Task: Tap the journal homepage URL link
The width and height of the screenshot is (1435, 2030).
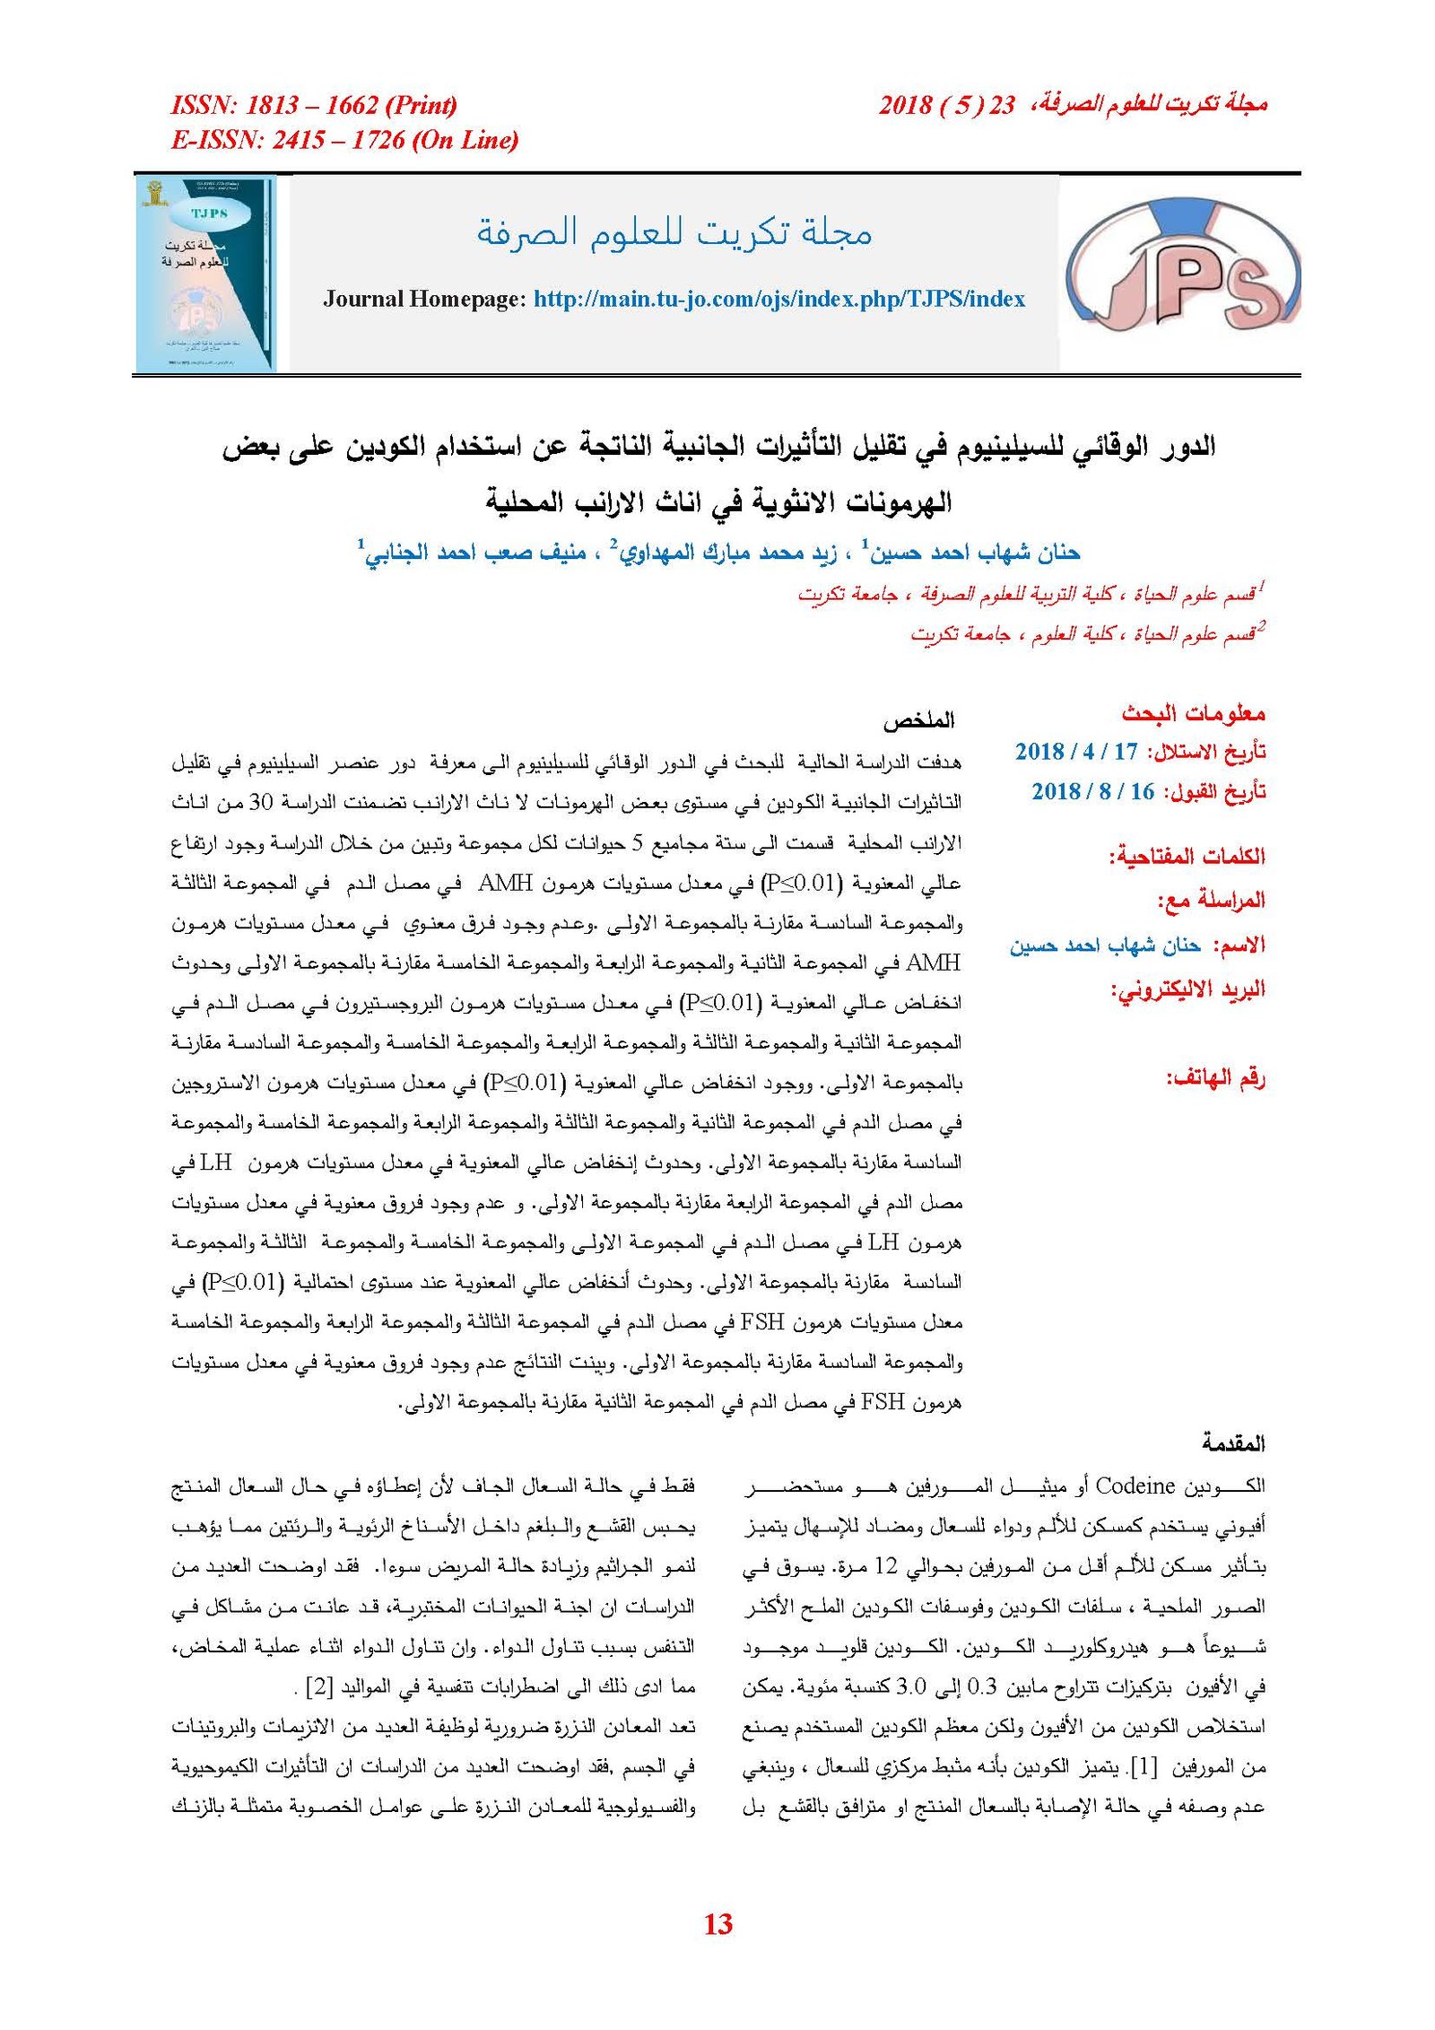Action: [778, 299]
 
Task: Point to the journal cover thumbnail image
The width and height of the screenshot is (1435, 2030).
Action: [205, 274]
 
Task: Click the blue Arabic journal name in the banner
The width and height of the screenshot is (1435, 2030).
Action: [674, 232]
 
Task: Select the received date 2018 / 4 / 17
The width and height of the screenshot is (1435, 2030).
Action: [1076, 752]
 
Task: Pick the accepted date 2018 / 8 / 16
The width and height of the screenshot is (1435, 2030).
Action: [1092, 791]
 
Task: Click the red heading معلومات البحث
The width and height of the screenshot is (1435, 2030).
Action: [1193, 713]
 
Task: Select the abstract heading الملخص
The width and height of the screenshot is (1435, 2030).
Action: [918, 720]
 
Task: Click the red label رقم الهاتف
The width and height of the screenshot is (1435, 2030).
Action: [1215, 1077]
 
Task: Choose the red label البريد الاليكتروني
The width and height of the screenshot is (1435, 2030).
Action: [1188, 989]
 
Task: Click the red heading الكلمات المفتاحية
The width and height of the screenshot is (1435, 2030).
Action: [1187, 856]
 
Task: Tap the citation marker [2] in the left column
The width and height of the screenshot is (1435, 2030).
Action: [320, 1686]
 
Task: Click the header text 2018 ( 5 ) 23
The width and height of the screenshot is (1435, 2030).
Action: [946, 106]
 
